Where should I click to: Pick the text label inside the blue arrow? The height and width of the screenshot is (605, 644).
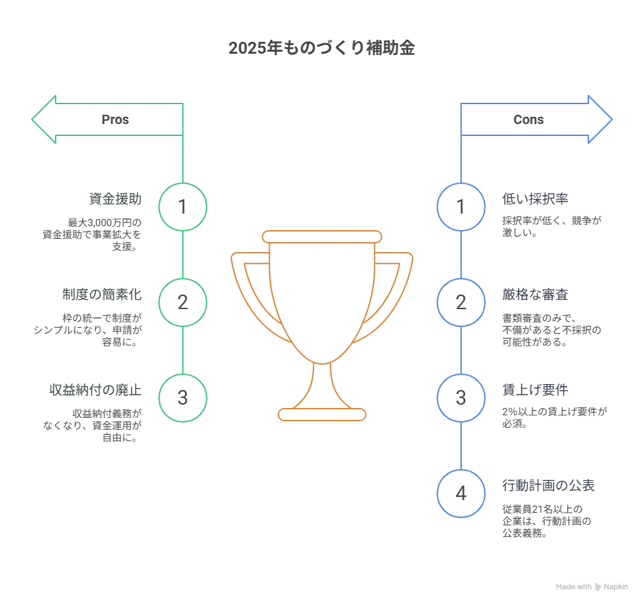(x=529, y=120)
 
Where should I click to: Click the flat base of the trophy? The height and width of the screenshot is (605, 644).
(x=322, y=415)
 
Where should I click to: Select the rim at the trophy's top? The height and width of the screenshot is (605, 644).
(x=322, y=235)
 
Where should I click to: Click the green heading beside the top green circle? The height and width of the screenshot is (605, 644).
(x=115, y=198)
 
